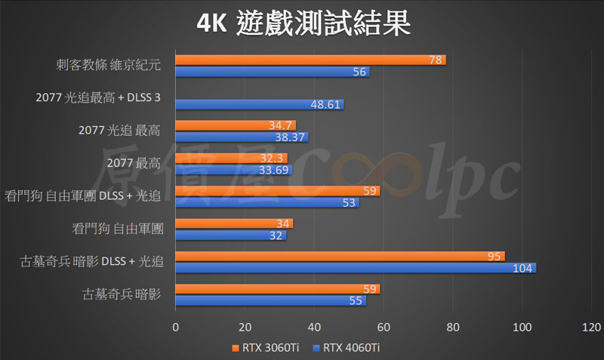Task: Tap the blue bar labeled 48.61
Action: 259,104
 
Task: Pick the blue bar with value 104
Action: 355,268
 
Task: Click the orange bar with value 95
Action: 340,257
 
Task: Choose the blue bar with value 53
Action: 267,202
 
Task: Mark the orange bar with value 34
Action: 233,224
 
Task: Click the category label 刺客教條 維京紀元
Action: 108,66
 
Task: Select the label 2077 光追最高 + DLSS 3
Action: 98,98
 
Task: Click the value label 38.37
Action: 291,137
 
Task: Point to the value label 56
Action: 360,72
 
